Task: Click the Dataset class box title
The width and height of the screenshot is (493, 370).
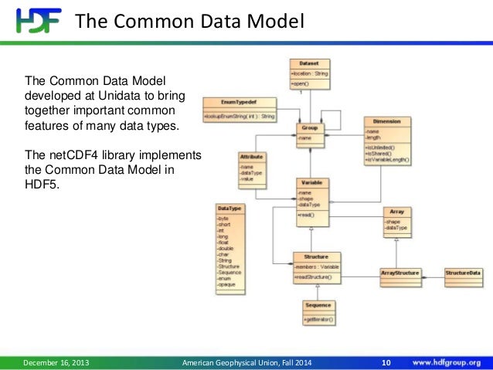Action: click(308, 63)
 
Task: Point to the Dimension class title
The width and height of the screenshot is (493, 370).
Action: click(386, 122)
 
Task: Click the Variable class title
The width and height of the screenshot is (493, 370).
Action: click(310, 183)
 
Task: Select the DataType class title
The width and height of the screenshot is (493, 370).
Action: click(229, 209)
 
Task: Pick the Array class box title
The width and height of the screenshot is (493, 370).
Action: click(397, 210)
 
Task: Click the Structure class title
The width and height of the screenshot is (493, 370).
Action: click(316, 256)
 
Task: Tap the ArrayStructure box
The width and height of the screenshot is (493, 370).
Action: click(400, 273)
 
